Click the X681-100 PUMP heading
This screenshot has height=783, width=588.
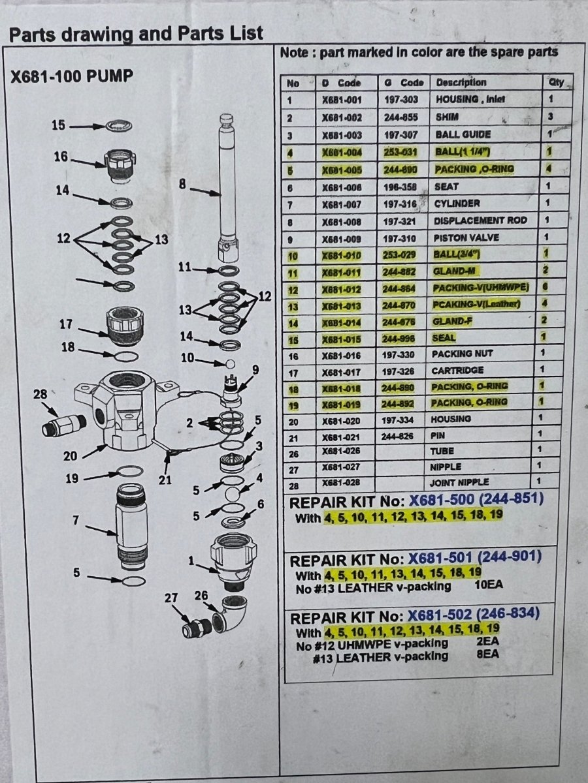72,76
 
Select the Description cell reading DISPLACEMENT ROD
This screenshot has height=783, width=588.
480,221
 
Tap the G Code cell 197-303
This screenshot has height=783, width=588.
401,100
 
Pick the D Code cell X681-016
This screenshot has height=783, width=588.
342,356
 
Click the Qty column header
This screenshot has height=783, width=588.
556,83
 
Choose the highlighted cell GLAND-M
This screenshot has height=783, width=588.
454,271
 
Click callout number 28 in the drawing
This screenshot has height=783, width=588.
40,394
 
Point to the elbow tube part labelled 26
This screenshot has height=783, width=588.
229,613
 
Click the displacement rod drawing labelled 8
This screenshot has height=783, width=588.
228,188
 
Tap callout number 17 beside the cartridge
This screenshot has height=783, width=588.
66,324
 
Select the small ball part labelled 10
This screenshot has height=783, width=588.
230,364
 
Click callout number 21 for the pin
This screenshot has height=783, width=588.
165,480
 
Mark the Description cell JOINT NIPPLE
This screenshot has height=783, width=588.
459,483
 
